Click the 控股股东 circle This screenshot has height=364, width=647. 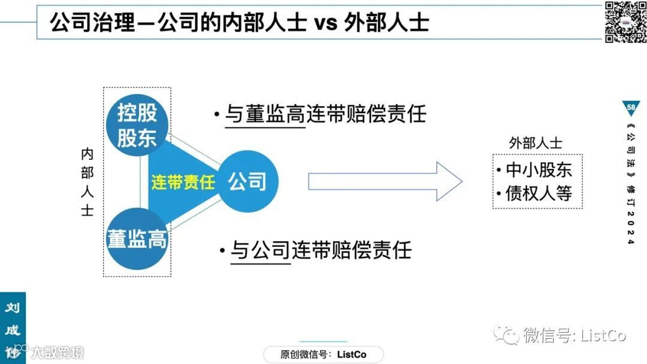click(136, 125)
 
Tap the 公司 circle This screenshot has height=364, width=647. click(247, 181)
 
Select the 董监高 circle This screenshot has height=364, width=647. click(137, 239)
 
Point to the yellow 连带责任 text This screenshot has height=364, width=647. click(183, 182)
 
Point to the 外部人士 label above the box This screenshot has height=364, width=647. click(536, 143)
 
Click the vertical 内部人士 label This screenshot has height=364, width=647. click(87, 182)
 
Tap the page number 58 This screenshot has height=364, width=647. click(631, 107)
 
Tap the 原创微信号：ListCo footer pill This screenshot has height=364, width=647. click(323, 354)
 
